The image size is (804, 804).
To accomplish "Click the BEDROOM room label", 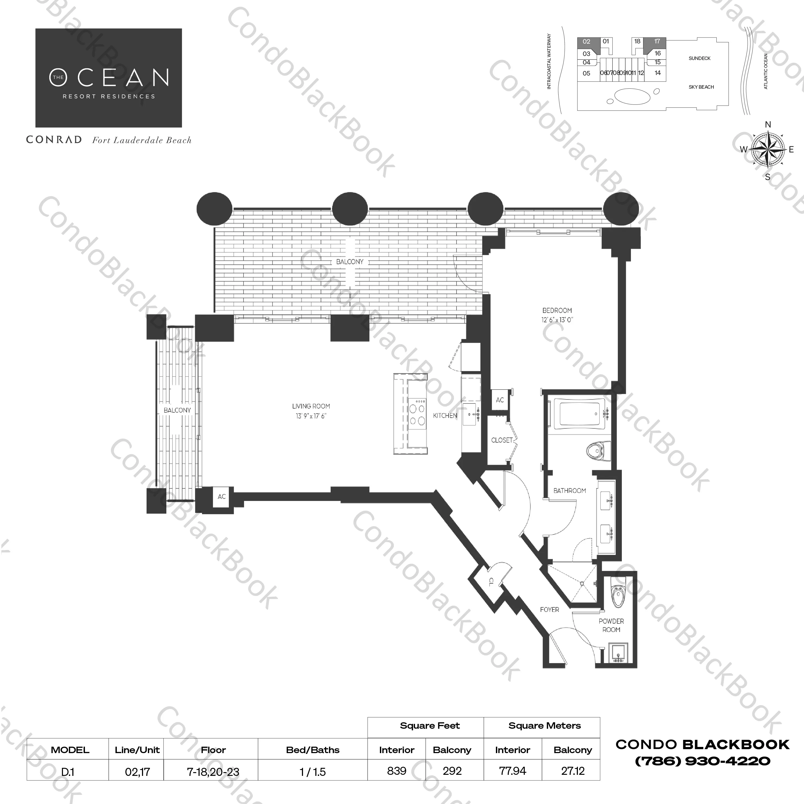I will point(557,311).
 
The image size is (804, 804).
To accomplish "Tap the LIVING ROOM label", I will point(311,406).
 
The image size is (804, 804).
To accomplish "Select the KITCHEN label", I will point(445,415).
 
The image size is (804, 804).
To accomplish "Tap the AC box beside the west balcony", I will point(221,496).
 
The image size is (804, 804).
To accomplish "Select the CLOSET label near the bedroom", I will point(502,440).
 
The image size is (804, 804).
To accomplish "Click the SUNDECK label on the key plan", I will point(700,58).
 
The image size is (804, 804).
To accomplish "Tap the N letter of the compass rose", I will point(768,124).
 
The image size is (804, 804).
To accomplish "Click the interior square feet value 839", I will point(396,771).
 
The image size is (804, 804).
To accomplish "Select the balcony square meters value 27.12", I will point(573,771).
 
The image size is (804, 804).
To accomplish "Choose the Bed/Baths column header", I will point(313,750).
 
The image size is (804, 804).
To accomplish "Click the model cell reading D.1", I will point(68,772).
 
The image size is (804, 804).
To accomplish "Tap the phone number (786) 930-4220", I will point(702,761).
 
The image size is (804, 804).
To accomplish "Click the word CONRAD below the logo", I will point(54,140).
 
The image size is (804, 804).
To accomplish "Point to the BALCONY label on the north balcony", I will point(350,262).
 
